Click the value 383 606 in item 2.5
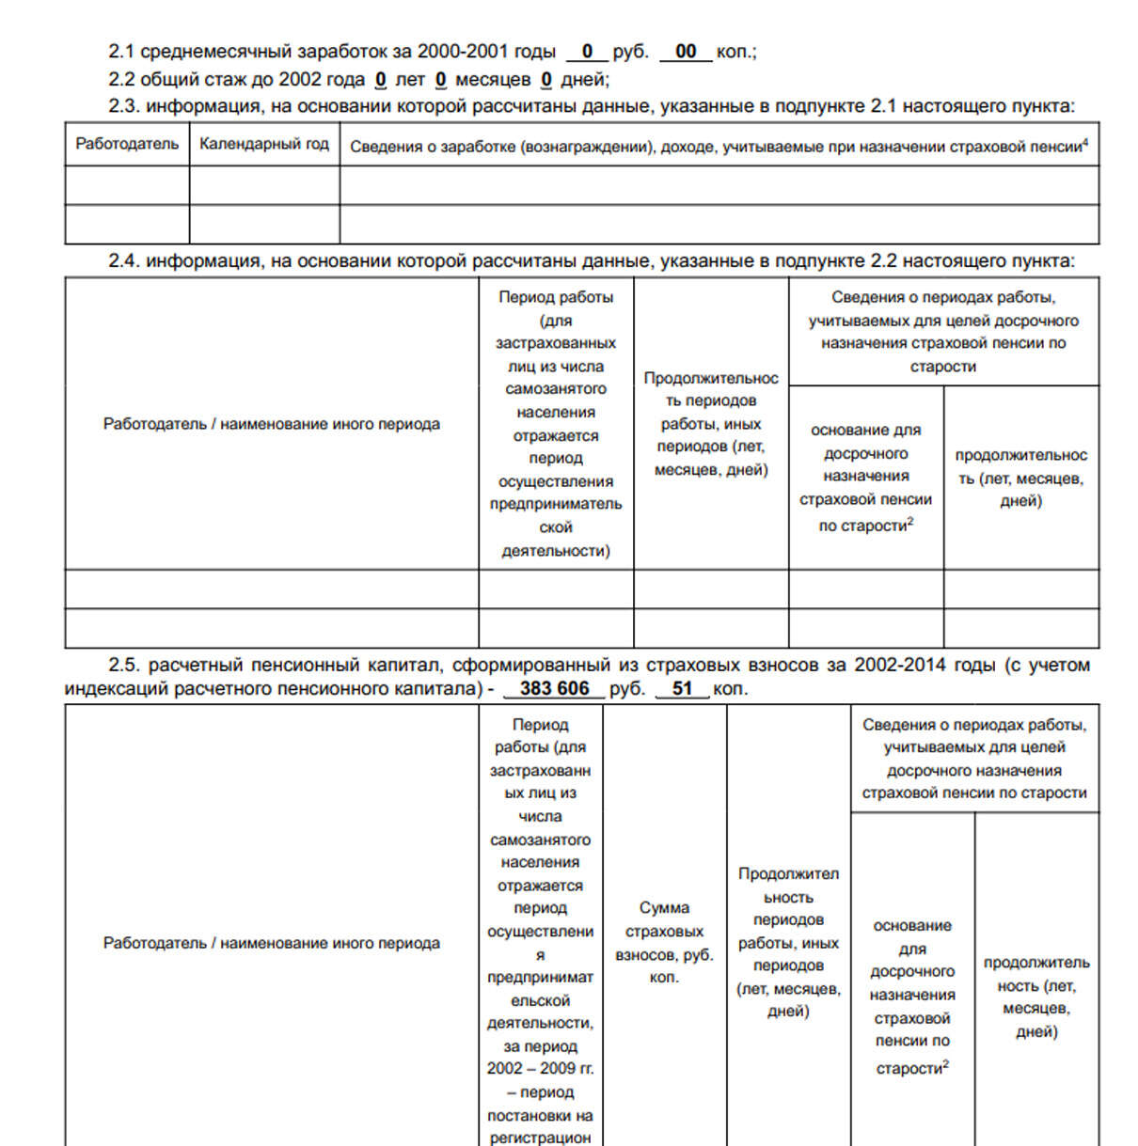(554, 689)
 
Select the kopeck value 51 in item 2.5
(682, 689)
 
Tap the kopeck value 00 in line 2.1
(686, 52)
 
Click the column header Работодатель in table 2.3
(127, 145)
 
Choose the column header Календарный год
(264, 145)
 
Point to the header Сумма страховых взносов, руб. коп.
(664, 942)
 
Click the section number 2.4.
(124, 261)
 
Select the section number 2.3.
(124, 106)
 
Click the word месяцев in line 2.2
(493, 80)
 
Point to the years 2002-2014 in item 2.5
(900, 666)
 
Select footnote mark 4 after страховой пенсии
(1085, 142)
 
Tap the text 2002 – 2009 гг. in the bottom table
(540, 1069)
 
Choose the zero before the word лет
(380, 80)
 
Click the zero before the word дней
(546, 80)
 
